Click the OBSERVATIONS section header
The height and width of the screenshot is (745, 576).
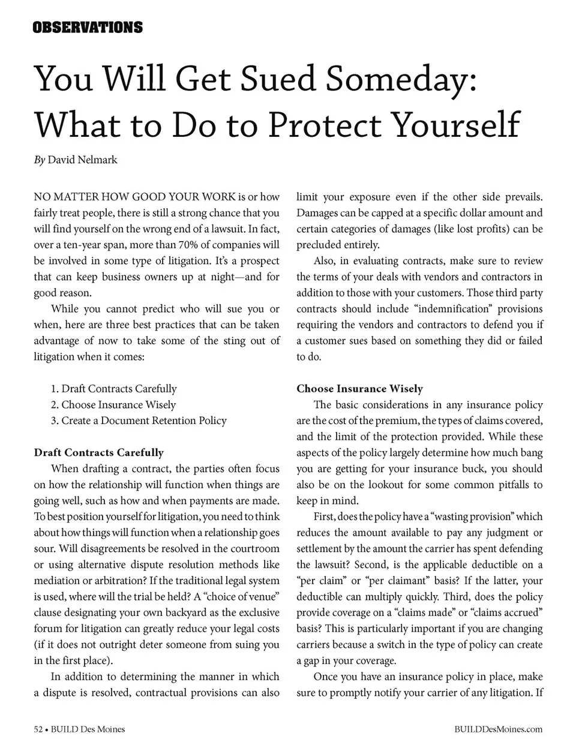[88, 28]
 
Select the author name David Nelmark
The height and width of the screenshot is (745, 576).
[82, 160]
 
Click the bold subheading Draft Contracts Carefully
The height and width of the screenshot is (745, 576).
[99, 452]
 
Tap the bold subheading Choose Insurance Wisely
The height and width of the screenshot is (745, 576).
[359, 389]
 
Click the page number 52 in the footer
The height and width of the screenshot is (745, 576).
[38, 729]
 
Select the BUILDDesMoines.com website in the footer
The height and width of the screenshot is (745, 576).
[499, 729]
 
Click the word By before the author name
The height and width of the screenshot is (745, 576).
[39, 160]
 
